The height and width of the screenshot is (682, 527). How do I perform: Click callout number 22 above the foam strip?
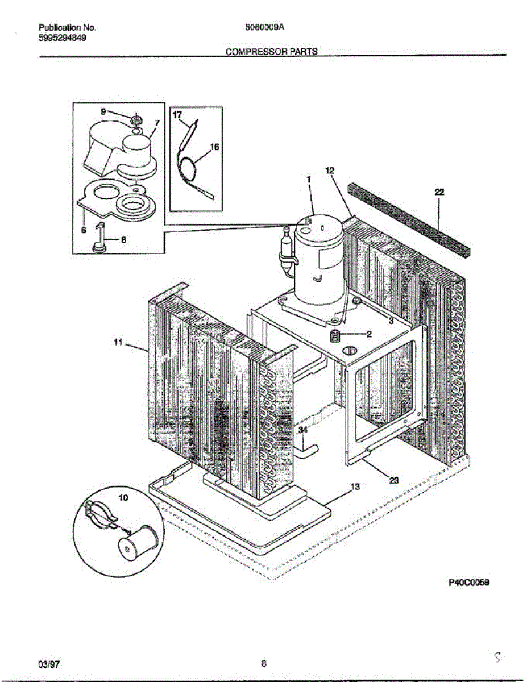tap(439, 193)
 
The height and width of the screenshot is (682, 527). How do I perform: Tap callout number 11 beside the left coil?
tap(118, 342)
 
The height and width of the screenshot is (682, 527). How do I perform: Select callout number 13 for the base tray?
tap(355, 486)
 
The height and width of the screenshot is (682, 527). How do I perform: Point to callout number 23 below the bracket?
tap(394, 480)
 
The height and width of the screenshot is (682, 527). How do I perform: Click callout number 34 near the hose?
tap(304, 431)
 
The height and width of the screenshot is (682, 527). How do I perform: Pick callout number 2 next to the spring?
tap(368, 334)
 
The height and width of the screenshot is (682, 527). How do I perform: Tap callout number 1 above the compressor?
tap(308, 178)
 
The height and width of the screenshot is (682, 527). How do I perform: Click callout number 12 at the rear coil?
tap(330, 170)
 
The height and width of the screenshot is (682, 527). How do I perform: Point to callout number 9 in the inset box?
tap(103, 112)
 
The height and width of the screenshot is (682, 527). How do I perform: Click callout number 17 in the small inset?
tap(177, 114)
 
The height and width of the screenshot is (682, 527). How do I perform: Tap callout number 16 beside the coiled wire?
tap(214, 147)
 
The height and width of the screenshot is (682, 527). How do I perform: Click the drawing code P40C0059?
tap(469, 583)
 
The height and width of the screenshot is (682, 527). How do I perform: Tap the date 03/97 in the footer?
tap(48, 663)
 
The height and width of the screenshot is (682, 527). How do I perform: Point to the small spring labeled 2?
tap(335, 336)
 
